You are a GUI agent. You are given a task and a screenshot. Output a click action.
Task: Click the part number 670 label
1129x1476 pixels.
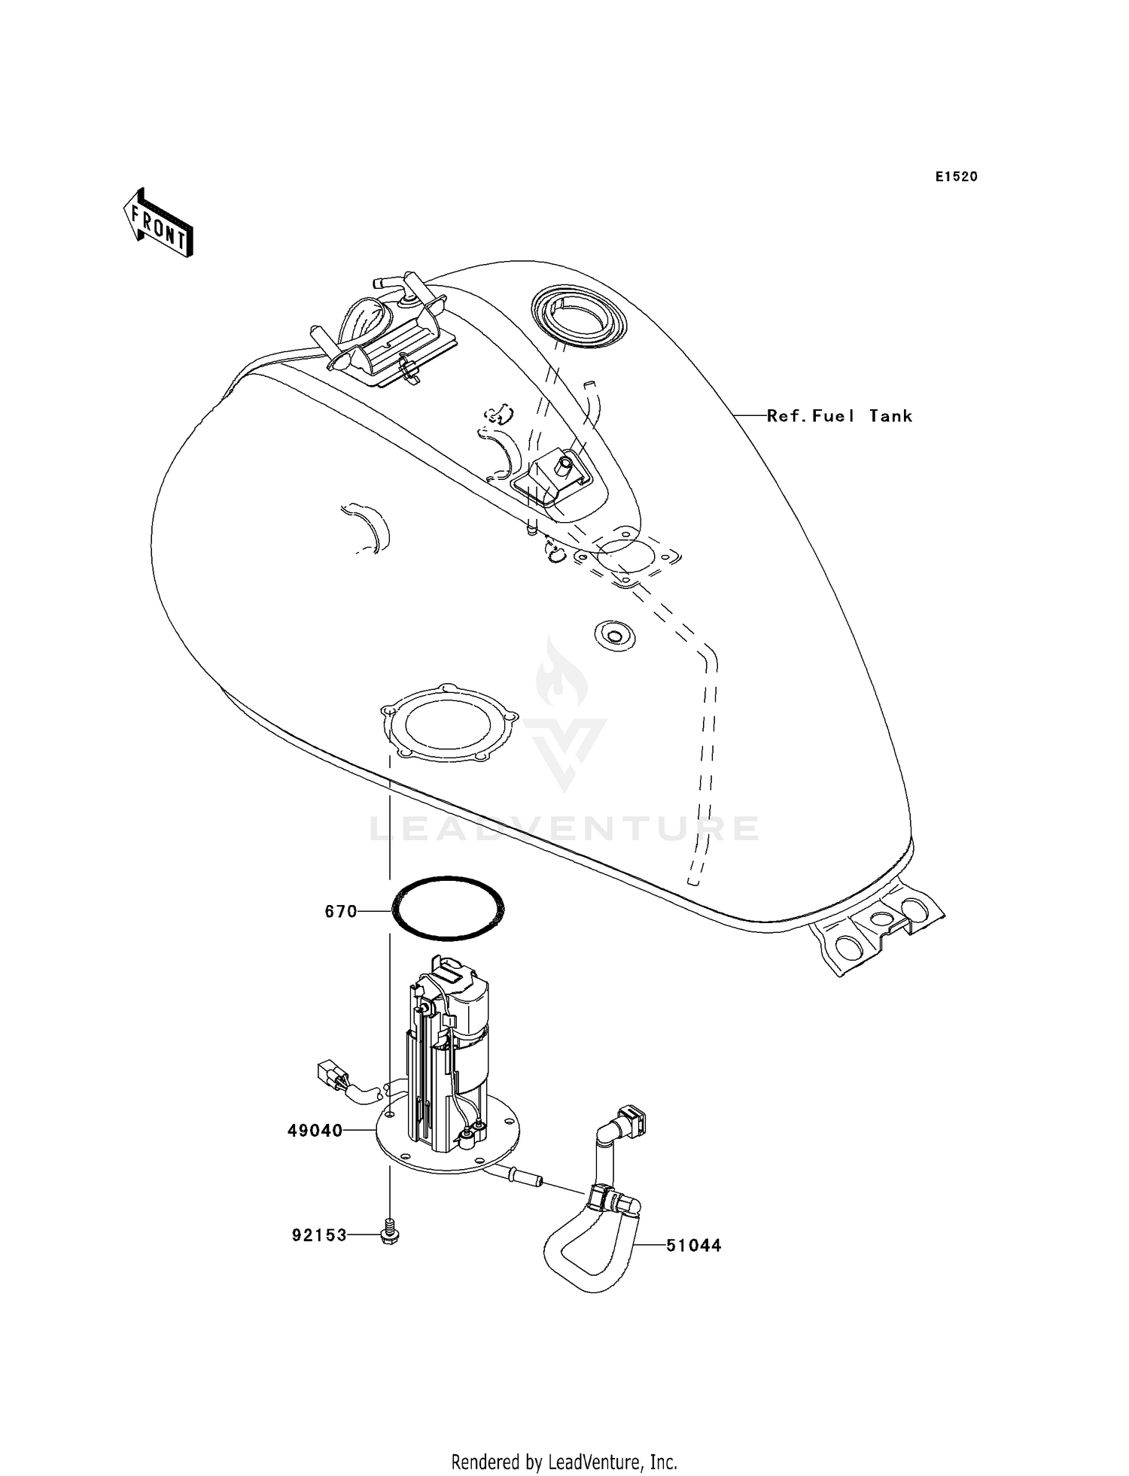pyautogui.click(x=340, y=912)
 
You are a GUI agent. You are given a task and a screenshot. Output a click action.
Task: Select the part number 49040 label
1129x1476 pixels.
pyautogui.click(x=315, y=1131)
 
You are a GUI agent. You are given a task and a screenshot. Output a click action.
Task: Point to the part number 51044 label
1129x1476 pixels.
pyautogui.click(x=693, y=1246)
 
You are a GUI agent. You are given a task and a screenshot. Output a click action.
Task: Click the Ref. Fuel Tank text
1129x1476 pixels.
pyautogui.click(x=839, y=416)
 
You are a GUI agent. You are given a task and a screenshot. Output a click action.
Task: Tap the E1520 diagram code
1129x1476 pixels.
pyautogui.click(x=956, y=177)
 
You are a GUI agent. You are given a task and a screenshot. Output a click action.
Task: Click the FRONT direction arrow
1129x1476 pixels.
pyautogui.click(x=158, y=223)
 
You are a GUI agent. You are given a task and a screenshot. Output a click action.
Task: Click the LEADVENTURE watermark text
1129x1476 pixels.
pyautogui.click(x=564, y=829)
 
